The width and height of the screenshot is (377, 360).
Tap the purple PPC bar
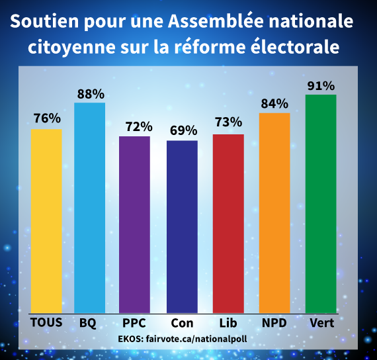[134, 224]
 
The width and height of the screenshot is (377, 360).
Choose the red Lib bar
[228, 223]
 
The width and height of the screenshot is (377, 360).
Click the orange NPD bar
[274, 212]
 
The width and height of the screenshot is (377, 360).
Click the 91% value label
[321, 85]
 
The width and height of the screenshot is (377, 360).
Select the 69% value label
[182, 130]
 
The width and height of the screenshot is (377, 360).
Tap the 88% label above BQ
[89, 93]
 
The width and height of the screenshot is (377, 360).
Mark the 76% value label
[47, 119]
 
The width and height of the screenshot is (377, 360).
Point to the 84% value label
[274, 103]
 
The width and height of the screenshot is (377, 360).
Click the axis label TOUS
[46, 323]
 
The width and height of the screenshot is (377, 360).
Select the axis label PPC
[134, 323]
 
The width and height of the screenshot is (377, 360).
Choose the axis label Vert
[321, 323]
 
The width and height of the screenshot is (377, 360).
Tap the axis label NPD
[274, 323]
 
